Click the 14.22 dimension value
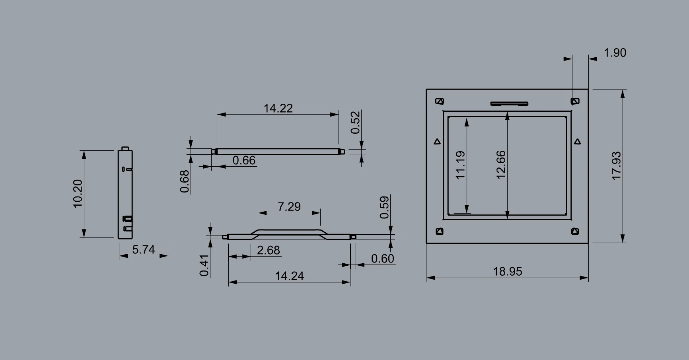point(278,108)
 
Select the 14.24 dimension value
point(289,276)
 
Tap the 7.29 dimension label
point(289,207)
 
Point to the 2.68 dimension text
point(269,250)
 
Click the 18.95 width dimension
point(508,272)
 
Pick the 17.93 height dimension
point(616,165)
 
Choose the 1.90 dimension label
point(615,53)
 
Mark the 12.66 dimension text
point(501,165)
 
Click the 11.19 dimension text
point(460,165)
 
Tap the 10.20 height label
point(78,194)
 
